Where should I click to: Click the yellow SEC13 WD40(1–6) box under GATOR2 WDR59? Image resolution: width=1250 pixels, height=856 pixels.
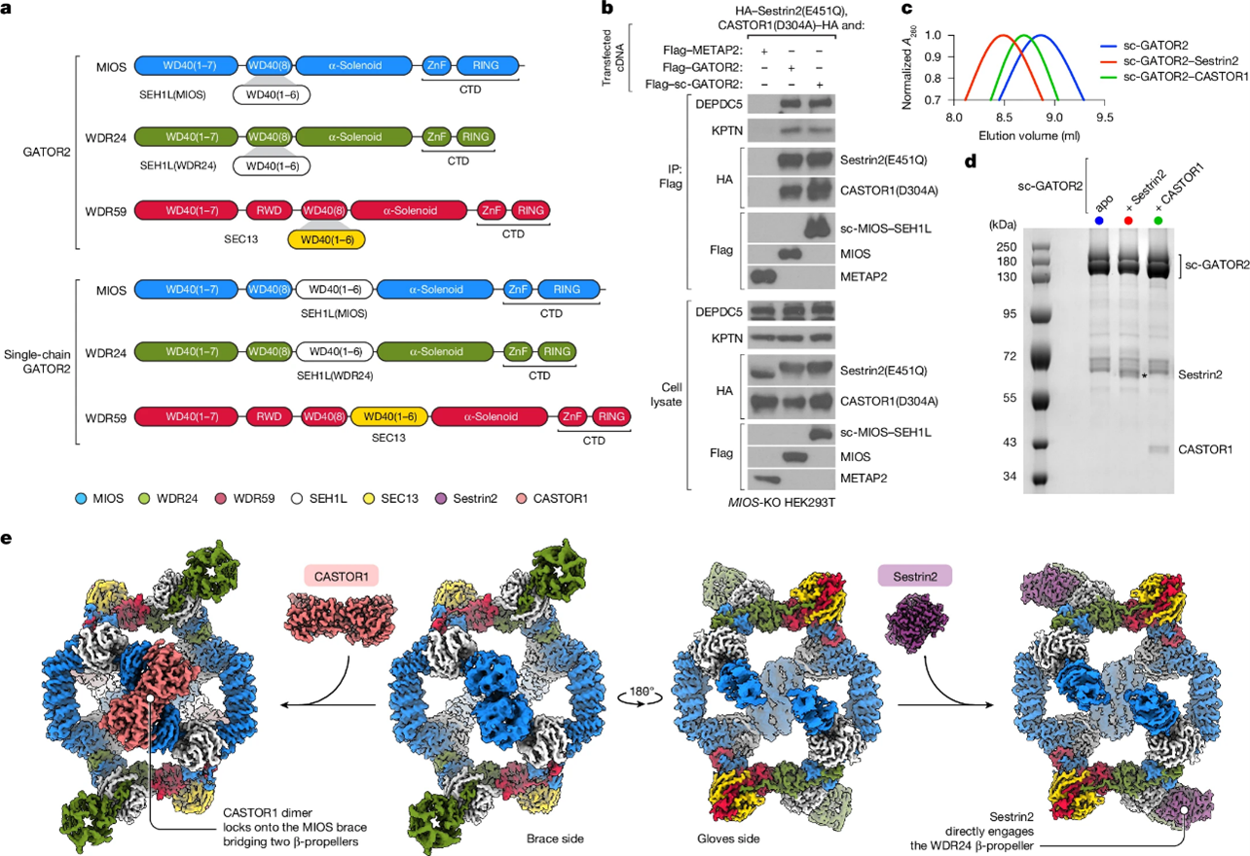(x=326, y=240)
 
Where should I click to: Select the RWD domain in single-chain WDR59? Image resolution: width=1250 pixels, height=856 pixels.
(x=269, y=416)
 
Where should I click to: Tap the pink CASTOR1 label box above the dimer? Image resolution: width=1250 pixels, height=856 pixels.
(x=341, y=576)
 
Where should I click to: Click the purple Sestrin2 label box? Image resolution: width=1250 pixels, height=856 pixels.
(x=914, y=576)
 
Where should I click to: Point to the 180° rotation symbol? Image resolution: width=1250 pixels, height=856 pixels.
(x=641, y=695)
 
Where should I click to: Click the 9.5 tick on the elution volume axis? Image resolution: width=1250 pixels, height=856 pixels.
(x=1104, y=117)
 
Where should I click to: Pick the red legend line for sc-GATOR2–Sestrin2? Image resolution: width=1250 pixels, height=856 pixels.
(x=1108, y=60)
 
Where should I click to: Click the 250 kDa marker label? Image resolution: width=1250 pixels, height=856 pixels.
(x=1006, y=247)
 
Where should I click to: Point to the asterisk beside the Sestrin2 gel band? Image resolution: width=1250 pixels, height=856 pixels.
(x=1145, y=376)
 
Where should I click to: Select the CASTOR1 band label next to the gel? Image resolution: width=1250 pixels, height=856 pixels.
(x=1205, y=449)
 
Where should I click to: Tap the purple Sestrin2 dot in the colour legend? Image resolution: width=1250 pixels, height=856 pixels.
(x=440, y=499)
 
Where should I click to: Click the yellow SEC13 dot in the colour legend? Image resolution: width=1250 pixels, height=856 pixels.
(x=368, y=499)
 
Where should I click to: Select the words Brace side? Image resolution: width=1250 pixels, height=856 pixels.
(x=555, y=838)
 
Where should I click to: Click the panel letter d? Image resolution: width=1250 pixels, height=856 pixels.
(x=971, y=160)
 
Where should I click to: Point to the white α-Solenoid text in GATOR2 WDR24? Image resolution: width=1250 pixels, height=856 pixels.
(x=355, y=136)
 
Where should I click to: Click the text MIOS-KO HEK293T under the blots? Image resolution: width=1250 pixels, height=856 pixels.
(x=781, y=503)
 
